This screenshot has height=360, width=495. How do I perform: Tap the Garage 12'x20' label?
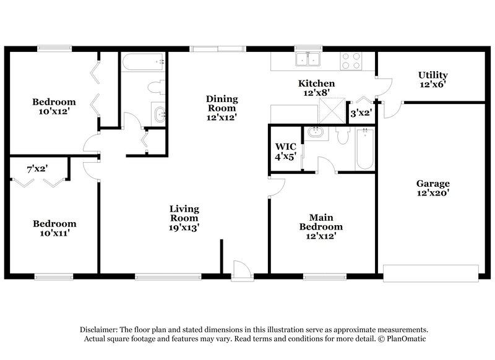(433, 188)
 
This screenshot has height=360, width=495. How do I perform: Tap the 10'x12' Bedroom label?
(54, 107)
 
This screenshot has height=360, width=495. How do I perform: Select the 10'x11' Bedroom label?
(54, 228)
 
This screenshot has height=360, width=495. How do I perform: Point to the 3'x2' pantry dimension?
(361, 113)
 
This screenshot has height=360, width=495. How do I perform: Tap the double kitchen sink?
(308, 59)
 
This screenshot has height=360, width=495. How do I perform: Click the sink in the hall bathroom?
(160, 114)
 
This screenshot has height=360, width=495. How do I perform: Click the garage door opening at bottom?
(431, 272)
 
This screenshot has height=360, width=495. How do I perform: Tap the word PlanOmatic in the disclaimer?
(406, 340)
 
